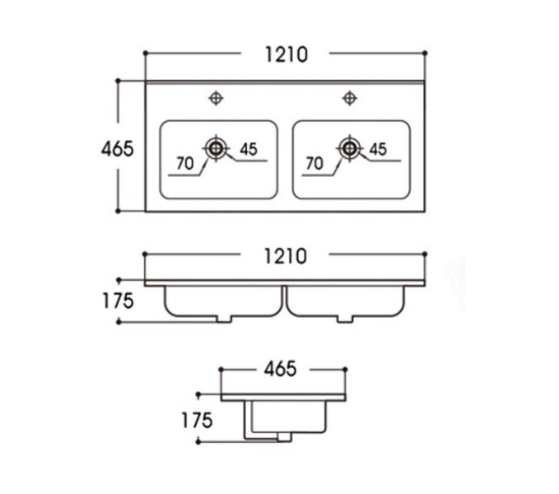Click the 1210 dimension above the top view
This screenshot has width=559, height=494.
click(286, 55)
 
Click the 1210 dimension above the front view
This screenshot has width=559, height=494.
click(286, 257)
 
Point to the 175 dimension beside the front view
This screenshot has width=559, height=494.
click(118, 301)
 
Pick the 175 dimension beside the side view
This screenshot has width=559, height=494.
click(197, 420)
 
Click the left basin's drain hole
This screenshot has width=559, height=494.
click(217, 148)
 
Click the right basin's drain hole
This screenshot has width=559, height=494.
click(349, 148)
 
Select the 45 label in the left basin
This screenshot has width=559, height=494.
click(249, 149)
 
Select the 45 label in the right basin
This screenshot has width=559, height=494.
click(378, 149)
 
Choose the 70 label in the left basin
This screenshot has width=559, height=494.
click(185, 164)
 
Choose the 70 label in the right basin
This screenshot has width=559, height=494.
click(314, 164)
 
